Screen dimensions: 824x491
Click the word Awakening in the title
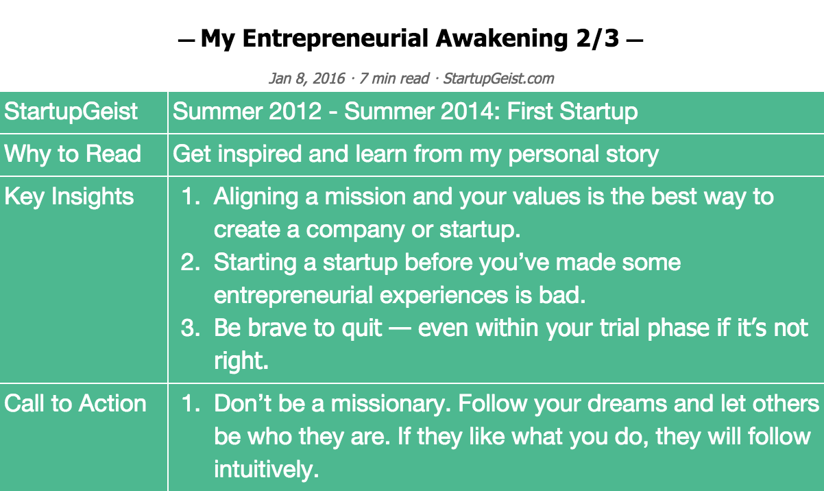pos(502,39)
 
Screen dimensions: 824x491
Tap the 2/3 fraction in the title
pos(598,38)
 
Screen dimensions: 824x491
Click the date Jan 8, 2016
pos(307,78)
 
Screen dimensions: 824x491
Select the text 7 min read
pos(394,78)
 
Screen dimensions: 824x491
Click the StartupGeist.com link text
pos(498,78)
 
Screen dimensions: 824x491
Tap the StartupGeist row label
pos(71,111)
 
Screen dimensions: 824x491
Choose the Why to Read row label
pos(73,154)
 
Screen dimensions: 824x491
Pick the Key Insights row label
pos(69,196)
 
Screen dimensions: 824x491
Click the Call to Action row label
pos(75,403)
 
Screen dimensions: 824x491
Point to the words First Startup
pos(572,111)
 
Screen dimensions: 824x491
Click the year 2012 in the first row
pos(295,111)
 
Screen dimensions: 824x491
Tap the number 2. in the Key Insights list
pos(190,263)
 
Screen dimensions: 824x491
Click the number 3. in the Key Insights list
pos(190,328)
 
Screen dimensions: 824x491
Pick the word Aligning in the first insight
pos(256,197)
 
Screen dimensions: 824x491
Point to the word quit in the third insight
pos(362,328)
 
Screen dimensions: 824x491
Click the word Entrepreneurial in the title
pos(335,39)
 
